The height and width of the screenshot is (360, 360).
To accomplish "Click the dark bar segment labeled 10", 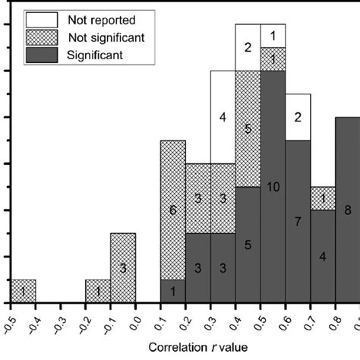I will (x=273, y=187).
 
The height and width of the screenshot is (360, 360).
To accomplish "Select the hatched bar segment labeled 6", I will (x=172, y=210).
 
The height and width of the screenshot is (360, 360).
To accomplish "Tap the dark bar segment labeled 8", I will (x=347, y=210).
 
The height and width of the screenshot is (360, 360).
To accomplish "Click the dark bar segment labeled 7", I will (x=298, y=221).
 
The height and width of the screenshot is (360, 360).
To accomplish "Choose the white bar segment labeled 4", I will (x=223, y=117).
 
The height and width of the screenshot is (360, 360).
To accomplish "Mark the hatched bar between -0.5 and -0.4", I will (x=23, y=291).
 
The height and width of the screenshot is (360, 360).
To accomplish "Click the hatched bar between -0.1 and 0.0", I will (x=123, y=267).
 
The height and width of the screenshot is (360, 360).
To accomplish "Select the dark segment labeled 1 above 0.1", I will (x=172, y=291).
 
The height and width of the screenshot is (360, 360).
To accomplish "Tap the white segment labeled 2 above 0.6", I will (x=298, y=117).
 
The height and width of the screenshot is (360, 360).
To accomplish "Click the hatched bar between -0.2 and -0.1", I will (x=98, y=291).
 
